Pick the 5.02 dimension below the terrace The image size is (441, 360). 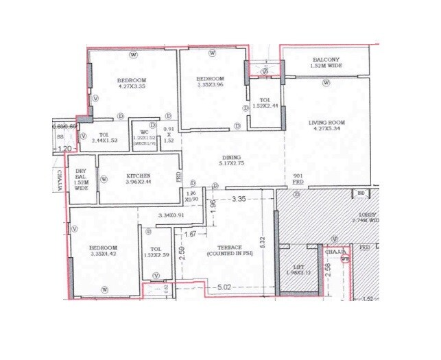point(221,288)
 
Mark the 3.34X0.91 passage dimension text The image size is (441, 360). point(171,216)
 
